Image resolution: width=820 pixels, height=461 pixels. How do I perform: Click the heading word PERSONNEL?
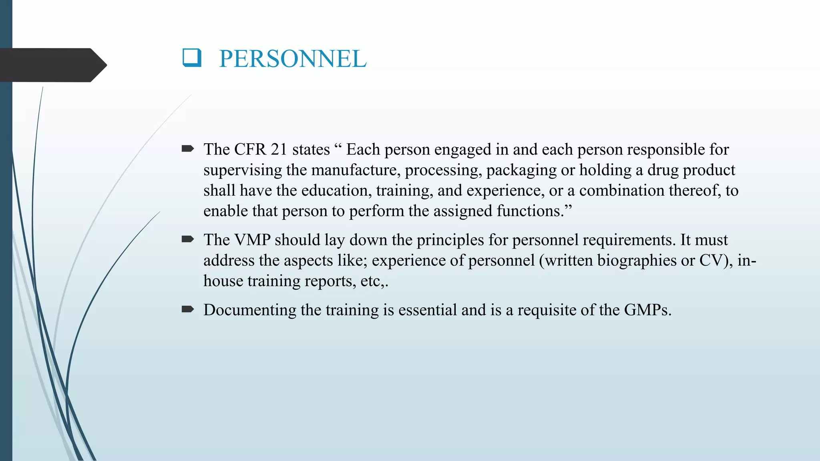[x=293, y=59]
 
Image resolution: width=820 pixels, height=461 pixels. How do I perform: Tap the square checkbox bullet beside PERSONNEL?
[x=192, y=57]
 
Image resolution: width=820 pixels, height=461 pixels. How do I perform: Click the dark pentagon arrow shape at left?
[x=52, y=65]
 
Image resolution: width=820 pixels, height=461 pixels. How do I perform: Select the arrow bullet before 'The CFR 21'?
[x=187, y=149]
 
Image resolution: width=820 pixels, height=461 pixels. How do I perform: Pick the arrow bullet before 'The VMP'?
[x=187, y=240]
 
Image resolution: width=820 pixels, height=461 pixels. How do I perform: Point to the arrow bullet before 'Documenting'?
[x=187, y=309]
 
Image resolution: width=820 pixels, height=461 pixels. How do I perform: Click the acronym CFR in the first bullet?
[x=250, y=150]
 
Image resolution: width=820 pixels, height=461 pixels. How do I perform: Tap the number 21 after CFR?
[x=279, y=150]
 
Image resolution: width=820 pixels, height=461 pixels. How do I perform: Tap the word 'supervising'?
[x=243, y=170]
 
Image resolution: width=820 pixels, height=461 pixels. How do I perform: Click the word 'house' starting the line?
[x=223, y=281]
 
